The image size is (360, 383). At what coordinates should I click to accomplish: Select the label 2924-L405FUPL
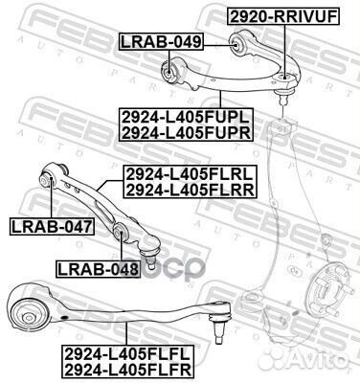[186, 117]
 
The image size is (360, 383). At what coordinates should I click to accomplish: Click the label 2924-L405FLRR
[189, 191]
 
